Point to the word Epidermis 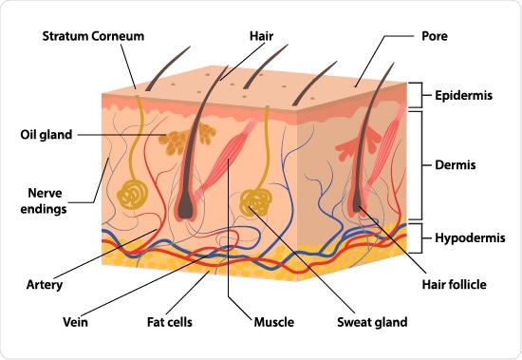click(464, 95)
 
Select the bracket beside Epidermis click(415, 95)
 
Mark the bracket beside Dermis click(415, 164)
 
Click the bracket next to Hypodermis click(415, 237)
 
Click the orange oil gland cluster click(173, 143)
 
